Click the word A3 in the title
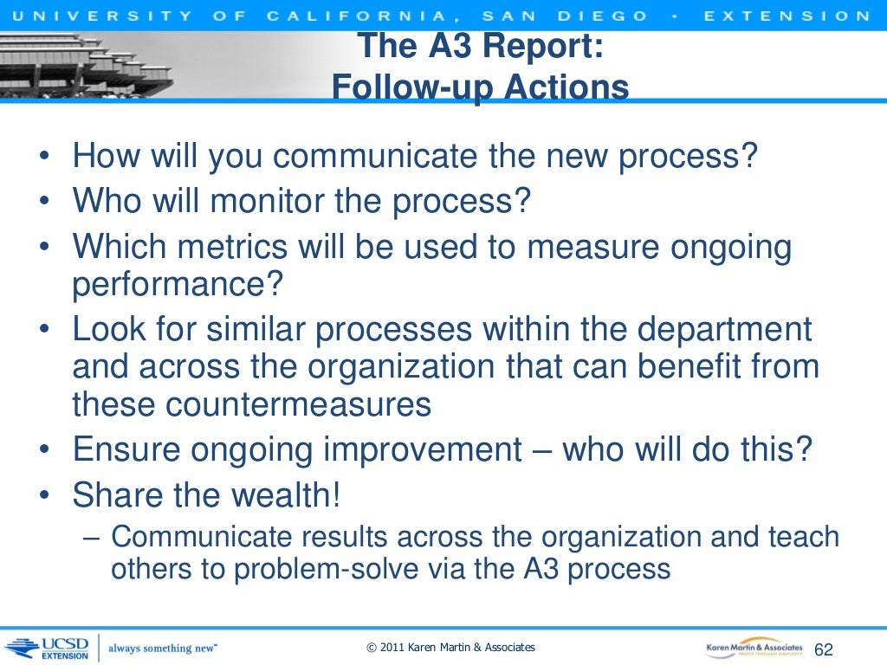[458, 47]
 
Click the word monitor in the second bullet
[262, 201]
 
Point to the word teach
[803, 536]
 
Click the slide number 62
[824, 649]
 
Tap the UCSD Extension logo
[49, 648]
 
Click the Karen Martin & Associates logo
[753, 647]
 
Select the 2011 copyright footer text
[450, 648]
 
